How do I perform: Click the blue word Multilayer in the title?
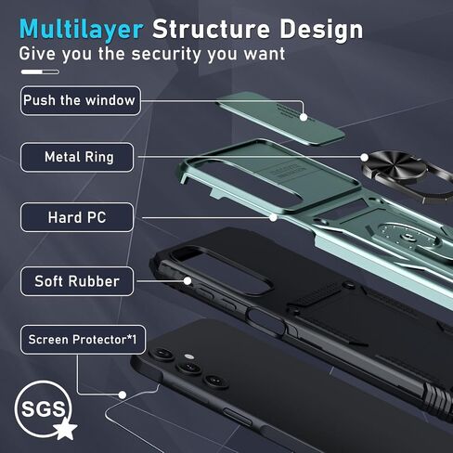point(81,30)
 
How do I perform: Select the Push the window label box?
point(81,100)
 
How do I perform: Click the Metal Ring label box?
point(77,157)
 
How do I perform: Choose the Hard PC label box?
point(77,217)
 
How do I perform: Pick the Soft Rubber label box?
point(77,281)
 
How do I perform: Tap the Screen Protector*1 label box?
point(83,340)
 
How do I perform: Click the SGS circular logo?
point(43,408)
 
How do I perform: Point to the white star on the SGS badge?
point(65,429)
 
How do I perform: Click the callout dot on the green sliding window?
point(304,117)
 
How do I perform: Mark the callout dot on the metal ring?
point(365,158)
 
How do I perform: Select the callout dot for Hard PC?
point(273,217)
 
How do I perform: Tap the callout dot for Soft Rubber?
point(188,281)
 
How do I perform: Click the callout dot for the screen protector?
point(123,395)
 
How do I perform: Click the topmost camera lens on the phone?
point(162,354)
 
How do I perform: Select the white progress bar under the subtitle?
point(40,72)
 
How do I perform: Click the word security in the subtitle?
point(166,55)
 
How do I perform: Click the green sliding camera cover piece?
point(280,118)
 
